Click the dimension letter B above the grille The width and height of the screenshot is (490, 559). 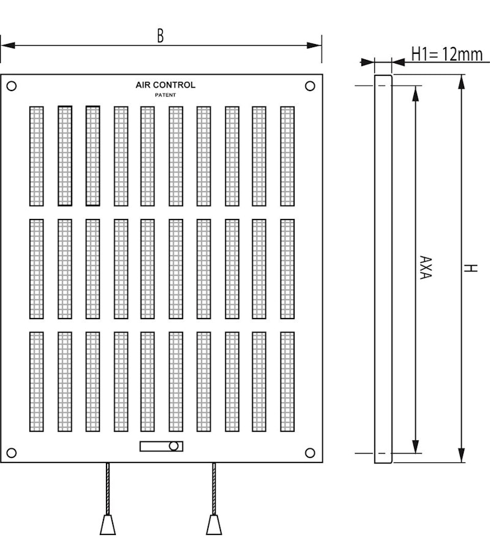tap(160, 35)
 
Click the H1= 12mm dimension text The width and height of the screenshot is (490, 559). tap(447, 54)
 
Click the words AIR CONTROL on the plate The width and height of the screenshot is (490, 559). tap(165, 85)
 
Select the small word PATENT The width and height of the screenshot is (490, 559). tap(165, 95)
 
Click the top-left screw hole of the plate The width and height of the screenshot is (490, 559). tap(12, 86)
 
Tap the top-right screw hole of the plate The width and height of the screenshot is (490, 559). tap(310, 86)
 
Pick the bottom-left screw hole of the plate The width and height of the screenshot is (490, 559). tap(12, 453)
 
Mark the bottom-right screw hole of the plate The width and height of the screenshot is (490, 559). tap(310, 453)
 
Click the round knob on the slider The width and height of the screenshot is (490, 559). tap(175, 446)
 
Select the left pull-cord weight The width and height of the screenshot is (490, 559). tap(108, 524)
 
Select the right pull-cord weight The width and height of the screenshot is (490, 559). tap(214, 524)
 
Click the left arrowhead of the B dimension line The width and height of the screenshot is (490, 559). tap(6, 44)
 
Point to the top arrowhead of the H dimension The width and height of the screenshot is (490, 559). tap(461, 81)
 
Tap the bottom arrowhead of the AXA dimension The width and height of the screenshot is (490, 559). tap(415, 446)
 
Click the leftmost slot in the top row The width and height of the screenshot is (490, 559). tap(37, 156)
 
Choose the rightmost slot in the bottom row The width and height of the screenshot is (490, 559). tap(287, 381)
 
